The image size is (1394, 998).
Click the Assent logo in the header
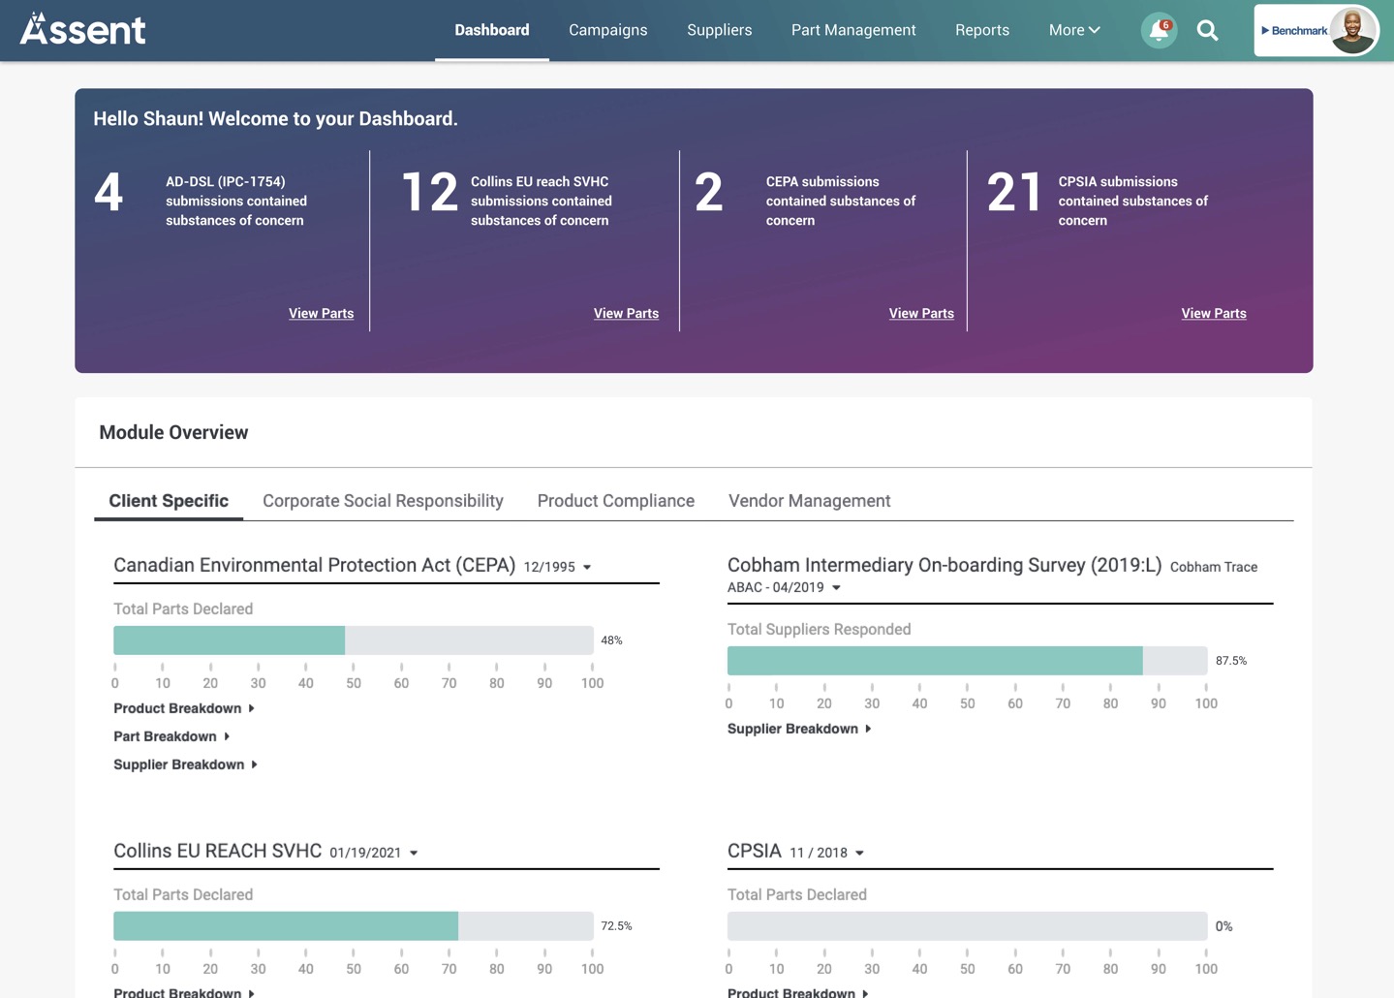pos(83,30)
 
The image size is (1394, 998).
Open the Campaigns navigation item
pos(607,30)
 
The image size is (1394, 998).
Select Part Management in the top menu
pos(852,30)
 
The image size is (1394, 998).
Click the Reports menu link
pos(981,30)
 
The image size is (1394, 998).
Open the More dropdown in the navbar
pos(1073,30)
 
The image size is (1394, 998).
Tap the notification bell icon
pos(1158,31)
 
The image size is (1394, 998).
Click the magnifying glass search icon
pos(1207,31)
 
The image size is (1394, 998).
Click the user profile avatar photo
pos(1352,30)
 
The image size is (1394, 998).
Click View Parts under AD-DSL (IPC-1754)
pos(321,313)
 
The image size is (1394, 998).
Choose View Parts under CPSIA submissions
pos(1213,313)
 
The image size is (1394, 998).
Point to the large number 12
pos(429,192)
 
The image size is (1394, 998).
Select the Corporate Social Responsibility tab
pos(383,501)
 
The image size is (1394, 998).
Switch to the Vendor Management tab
pos(809,501)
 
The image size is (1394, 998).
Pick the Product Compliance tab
pos(615,501)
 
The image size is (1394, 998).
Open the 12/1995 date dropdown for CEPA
pos(558,567)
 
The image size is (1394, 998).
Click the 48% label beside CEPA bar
pos(611,640)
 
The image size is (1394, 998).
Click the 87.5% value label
pos(1230,661)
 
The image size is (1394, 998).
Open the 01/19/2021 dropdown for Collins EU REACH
pos(374,853)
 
